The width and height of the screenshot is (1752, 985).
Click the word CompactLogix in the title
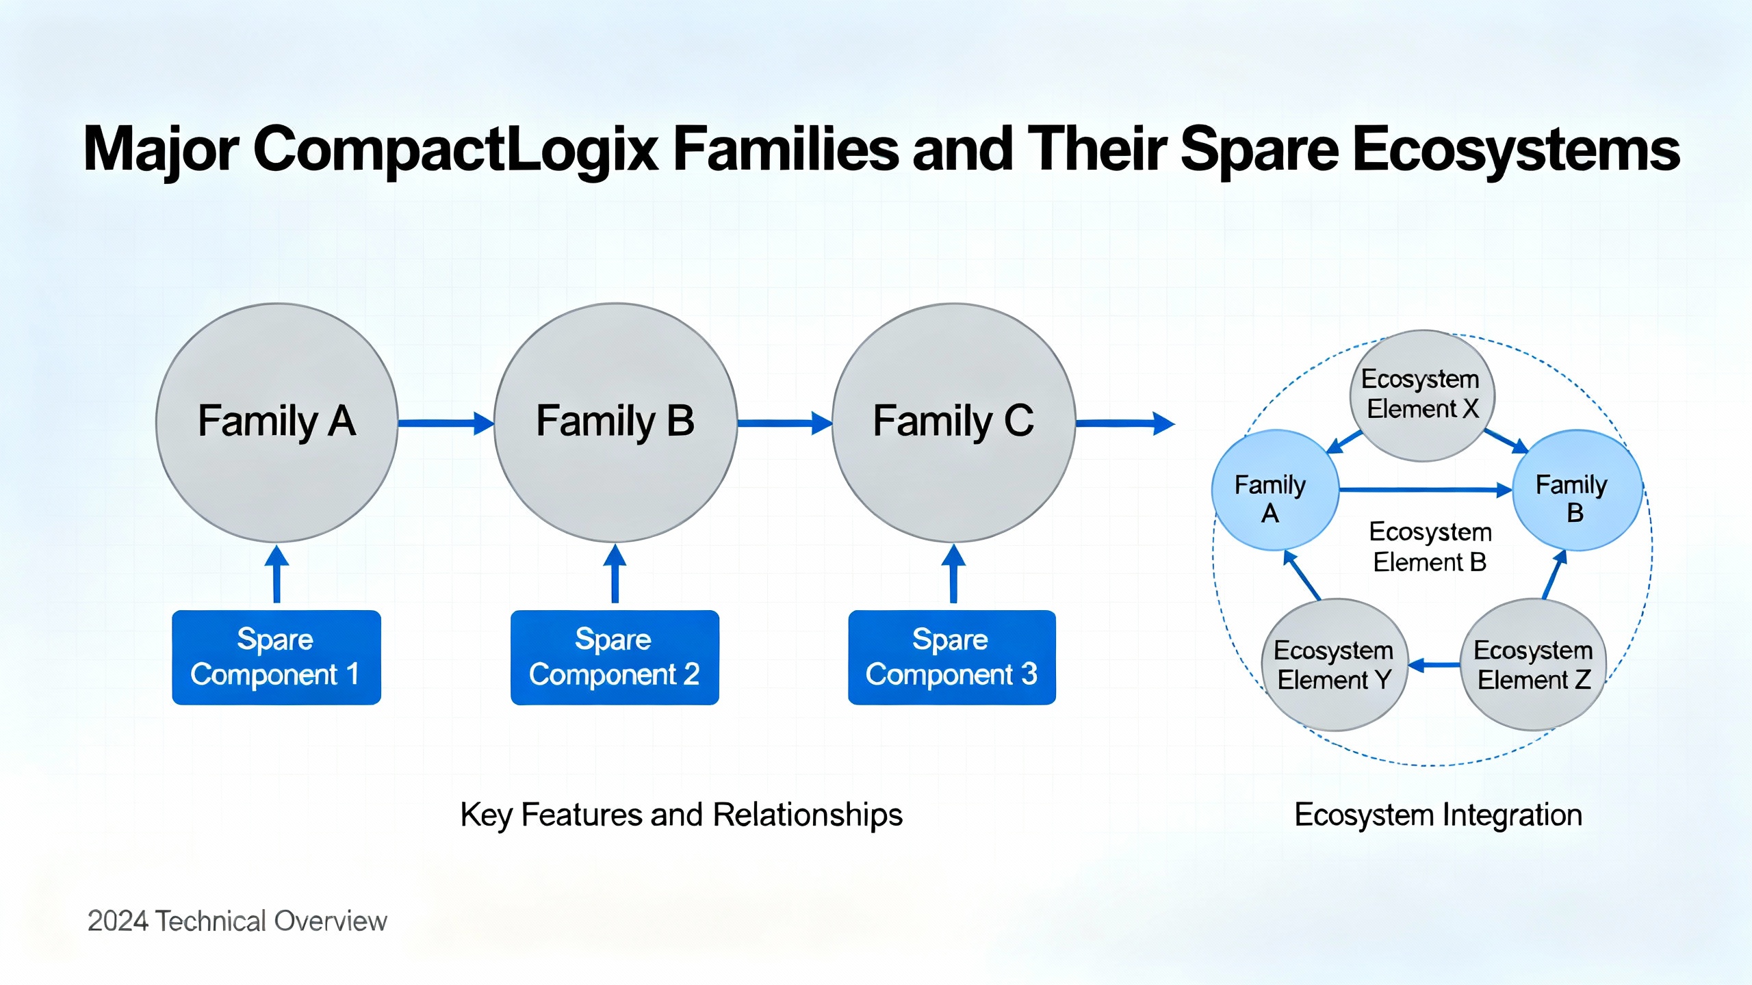click(455, 150)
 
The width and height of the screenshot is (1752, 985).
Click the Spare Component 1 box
click(276, 657)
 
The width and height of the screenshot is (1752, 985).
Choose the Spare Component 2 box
click(615, 657)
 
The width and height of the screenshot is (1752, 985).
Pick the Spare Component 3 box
click(952, 657)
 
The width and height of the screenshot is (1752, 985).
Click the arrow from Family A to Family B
click(445, 423)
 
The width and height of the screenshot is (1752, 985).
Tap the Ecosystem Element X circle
click(1422, 395)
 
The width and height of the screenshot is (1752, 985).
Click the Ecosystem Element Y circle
click(1335, 664)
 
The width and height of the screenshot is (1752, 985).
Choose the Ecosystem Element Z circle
click(1534, 664)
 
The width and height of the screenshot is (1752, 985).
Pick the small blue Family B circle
click(1576, 490)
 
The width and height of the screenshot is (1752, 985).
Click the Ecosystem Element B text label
click(1430, 547)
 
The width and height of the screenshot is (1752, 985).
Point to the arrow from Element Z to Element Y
click(1434, 664)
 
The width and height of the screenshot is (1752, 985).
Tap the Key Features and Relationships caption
click(681, 815)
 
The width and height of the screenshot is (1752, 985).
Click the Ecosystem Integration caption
click(1438, 815)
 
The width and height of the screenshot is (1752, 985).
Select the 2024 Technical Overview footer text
click(237, 921)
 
